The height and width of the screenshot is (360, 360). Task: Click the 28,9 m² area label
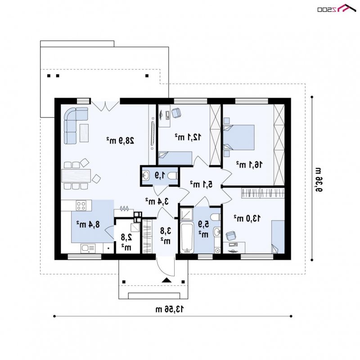coord(120,140)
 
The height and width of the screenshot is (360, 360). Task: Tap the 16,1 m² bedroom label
coord(249,164)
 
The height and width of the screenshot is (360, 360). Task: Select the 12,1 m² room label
coord(188,137)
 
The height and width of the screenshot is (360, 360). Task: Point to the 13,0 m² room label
coord(247,218)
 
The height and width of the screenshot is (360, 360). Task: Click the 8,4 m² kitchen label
coord(88,224)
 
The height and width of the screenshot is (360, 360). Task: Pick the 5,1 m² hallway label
coord(201,184)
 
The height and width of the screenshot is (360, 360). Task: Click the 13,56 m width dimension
coord(170,309)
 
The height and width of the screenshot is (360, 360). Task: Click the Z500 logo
coord(337,8)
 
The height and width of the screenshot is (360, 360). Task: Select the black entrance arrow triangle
coord(166,280)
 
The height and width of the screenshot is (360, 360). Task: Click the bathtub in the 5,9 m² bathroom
coord(187,238)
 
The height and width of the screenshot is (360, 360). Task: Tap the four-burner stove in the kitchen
coord(81,205)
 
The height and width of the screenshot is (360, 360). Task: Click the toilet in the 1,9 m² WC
coord(172,176)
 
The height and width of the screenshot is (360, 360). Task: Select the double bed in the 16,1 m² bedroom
coord(239,137)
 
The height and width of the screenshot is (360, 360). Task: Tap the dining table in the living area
coord(76,175)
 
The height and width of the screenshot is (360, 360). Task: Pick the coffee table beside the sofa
coord(84,133)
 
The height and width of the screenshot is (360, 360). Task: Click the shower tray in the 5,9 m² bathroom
coord(187,214)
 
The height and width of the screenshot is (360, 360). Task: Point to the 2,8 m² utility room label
coord(126,242)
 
